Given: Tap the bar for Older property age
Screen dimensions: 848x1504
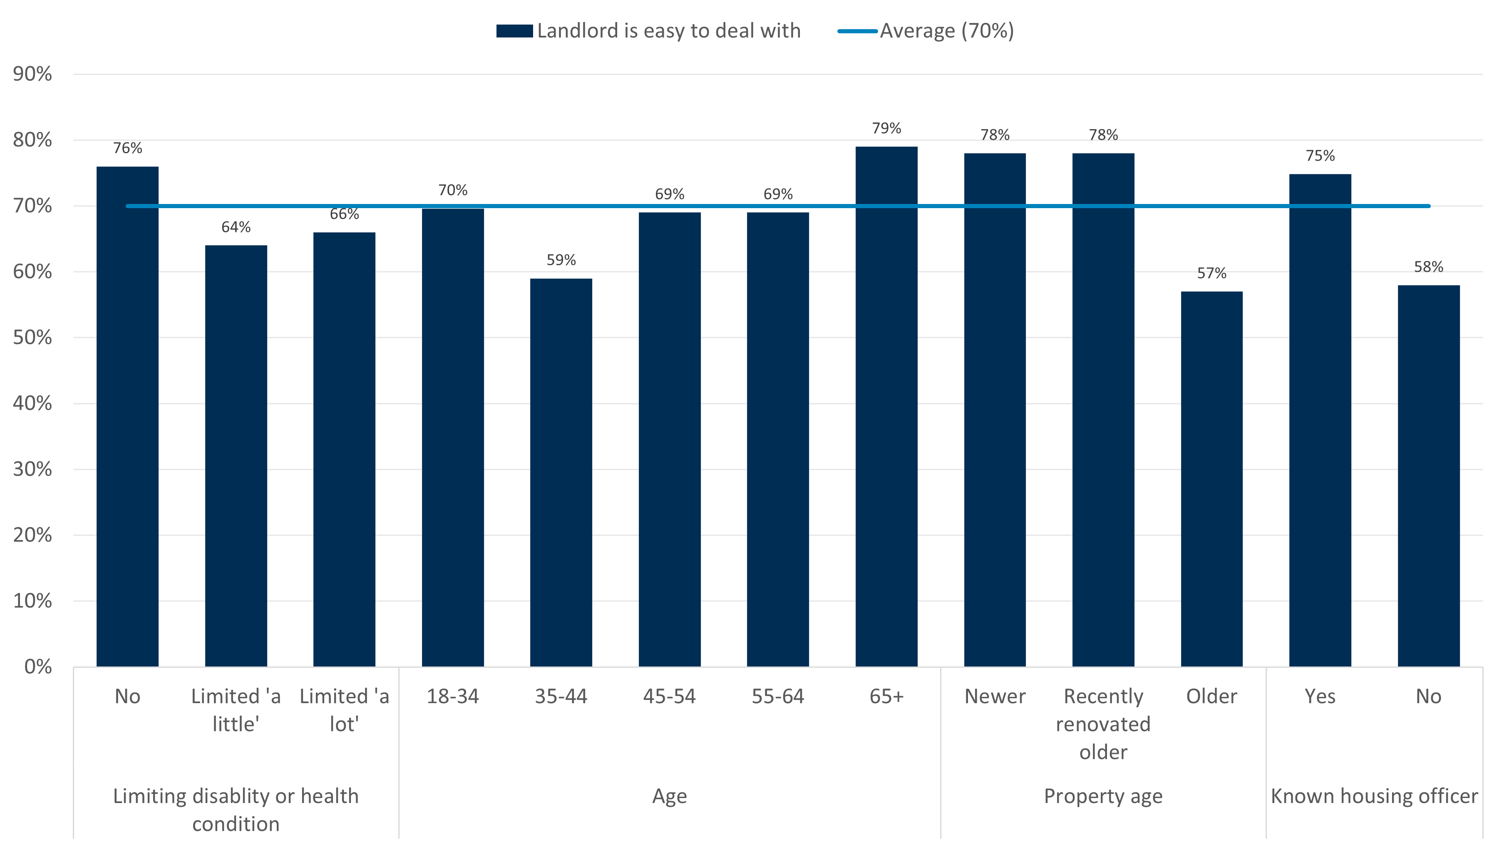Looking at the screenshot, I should click(1211, 478).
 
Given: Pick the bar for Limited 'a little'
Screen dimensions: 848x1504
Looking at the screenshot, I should click(236, 455).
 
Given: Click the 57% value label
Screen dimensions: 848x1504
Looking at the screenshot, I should click(1211, 274).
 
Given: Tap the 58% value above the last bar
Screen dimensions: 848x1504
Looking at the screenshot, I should click(1428, 267).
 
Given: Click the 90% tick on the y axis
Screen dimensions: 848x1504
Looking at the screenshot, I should click(33, 74).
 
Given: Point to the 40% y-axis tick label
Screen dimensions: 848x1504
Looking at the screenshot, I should click(33, 403).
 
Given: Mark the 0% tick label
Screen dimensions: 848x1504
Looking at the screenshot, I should click(38, 666).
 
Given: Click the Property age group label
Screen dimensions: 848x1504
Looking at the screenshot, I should click(1102, 796).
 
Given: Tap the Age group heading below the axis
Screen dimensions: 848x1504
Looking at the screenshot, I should click(669, 796).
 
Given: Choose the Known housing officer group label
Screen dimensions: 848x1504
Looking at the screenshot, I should click(1374, 796).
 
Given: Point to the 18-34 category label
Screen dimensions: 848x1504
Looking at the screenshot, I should click(452, 696).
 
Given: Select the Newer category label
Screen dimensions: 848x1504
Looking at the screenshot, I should click(994, 696).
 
